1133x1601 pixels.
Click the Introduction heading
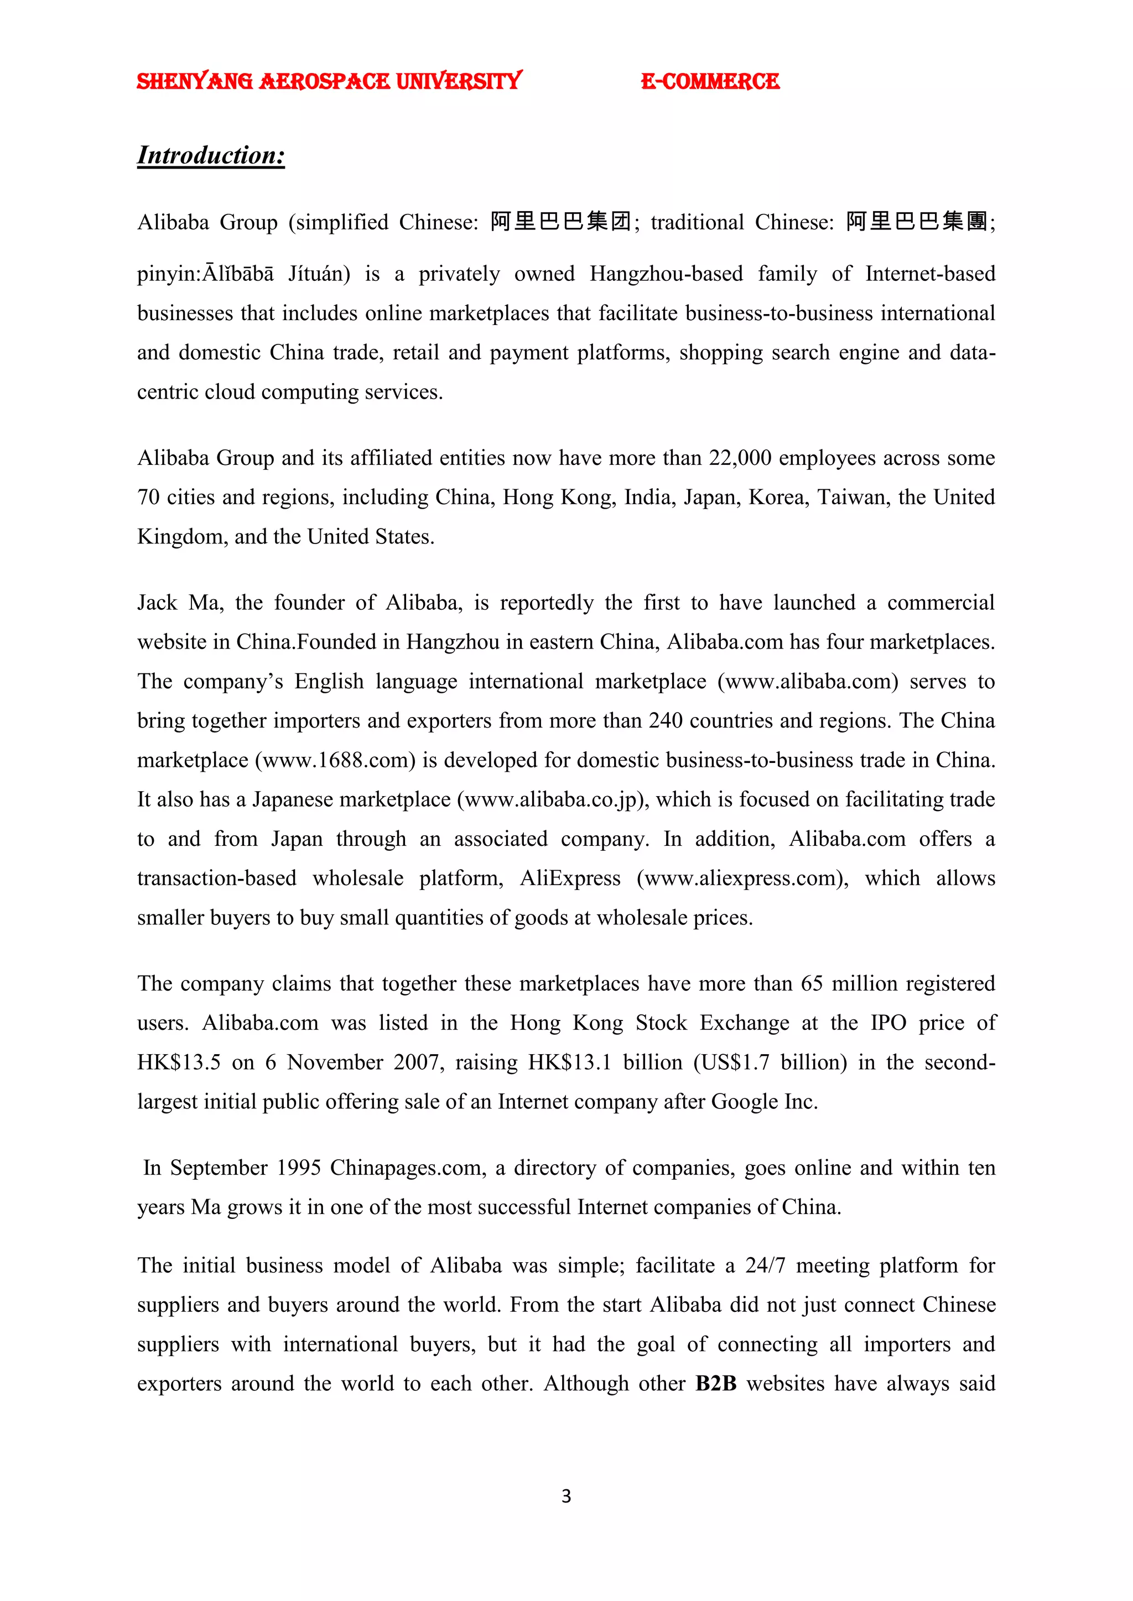(x=211, y=155)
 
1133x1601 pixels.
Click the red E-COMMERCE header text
(x=710, y=82)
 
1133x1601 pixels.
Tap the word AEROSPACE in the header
(x=324, y=82)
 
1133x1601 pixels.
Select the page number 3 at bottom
(x=566, y=1496)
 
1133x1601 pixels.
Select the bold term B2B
(x=716, y=1383)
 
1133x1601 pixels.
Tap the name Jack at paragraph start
(x=157, y=603)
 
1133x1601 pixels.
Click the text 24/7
(x=765, y=1265)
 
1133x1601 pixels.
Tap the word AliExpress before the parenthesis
(x=570, y=878)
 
